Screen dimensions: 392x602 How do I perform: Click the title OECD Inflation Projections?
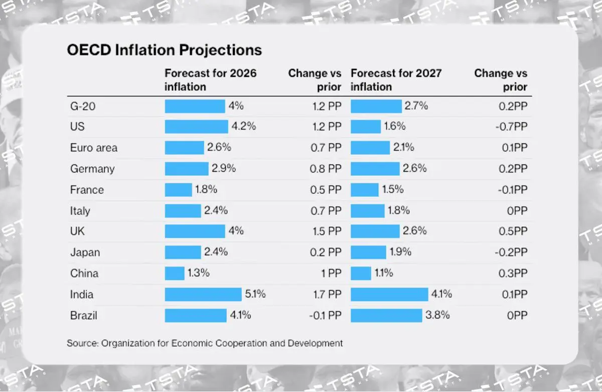coord(165,50)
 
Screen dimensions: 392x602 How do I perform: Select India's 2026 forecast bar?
coord(203,295)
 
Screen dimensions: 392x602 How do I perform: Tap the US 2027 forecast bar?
coord(366,126)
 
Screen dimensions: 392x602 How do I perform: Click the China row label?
coord(84,274)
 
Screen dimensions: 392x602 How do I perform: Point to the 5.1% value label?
coord(255,295)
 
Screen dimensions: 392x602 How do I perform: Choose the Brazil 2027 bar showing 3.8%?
coord(386,316)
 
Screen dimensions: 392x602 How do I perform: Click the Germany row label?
coord(92,169)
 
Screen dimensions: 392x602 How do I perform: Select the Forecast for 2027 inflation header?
coord(396,80)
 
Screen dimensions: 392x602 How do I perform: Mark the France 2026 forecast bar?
coord(178,190)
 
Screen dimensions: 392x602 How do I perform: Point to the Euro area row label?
coord(94,148)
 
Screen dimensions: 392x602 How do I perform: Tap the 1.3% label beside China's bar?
coord(199,274)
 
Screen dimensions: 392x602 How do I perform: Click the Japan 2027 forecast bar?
coord(368,252)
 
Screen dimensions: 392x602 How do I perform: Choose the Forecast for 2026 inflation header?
coord(211,80)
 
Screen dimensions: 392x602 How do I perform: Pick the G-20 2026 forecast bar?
coord(195,106)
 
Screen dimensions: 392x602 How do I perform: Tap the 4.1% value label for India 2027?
coord(441,295)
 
